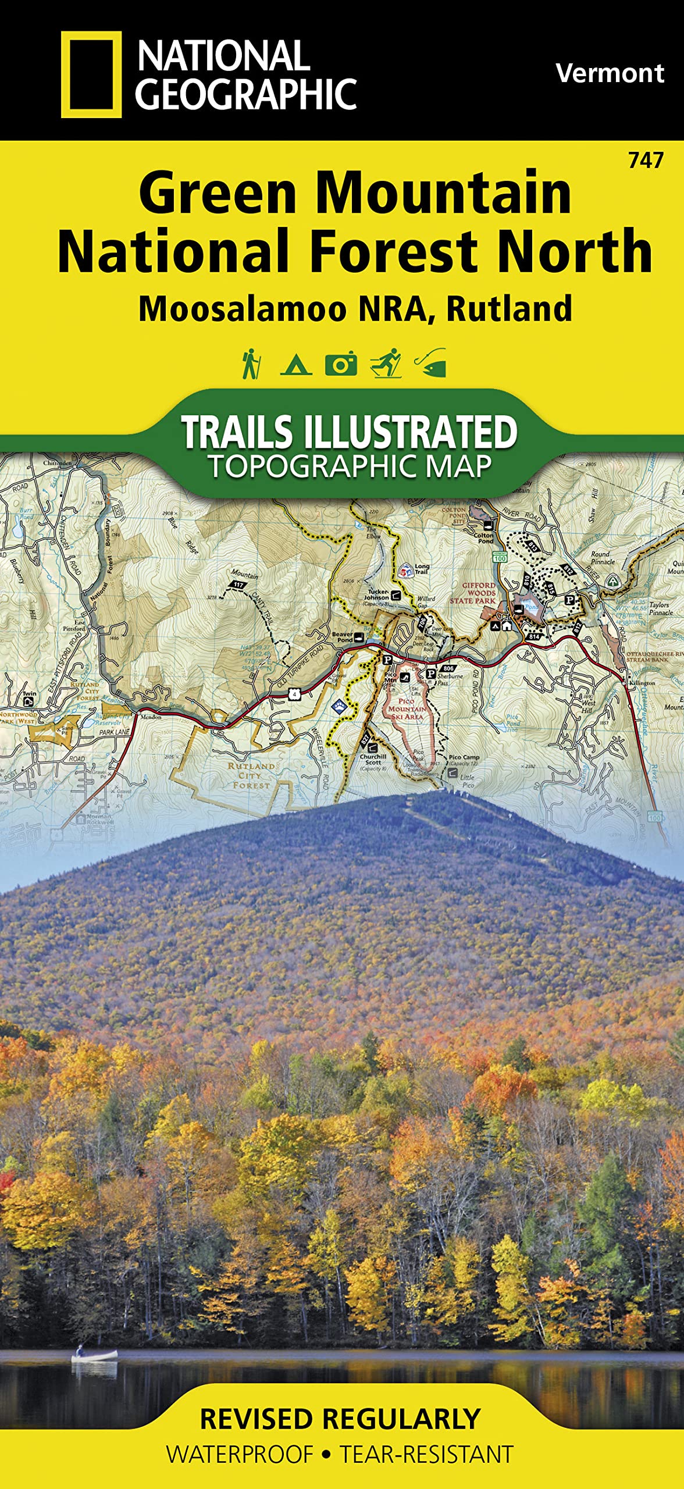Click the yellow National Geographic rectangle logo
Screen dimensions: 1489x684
tap(91, 74)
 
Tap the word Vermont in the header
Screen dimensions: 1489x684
tap(609, 73)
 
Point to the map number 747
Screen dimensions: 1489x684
tap(646, 160)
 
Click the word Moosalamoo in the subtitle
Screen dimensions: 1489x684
tap(243, 309)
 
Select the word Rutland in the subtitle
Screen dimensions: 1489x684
tap(509, 309)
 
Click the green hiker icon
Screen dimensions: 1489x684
tap(251, 364)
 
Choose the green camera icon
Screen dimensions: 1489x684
tap(341, 364)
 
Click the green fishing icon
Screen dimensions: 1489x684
tap(431, 364)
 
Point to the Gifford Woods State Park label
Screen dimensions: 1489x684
tap(472, 593)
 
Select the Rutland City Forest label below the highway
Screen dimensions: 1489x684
tap(251, 775)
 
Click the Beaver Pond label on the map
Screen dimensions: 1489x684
tap(343, 637)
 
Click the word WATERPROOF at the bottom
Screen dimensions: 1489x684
tap(240, 1454)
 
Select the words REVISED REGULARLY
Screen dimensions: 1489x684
tap(340, 1419)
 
